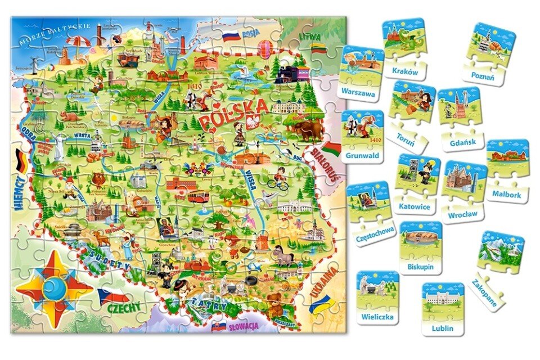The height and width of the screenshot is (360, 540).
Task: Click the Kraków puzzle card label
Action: (x=404, y=71)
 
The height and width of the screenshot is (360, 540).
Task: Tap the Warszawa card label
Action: (x=358, y=93)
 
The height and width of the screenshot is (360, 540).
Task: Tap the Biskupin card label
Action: (x=421, y=266)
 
